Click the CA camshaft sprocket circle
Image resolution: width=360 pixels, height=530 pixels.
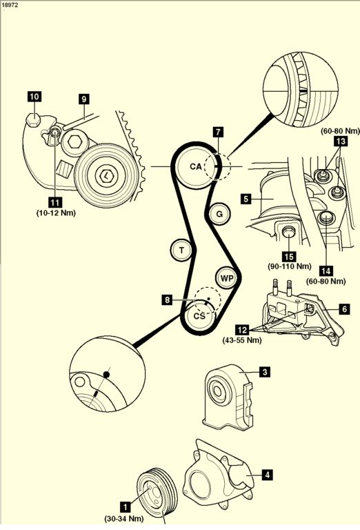tap(195, 167)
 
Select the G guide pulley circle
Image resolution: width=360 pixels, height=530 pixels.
tap(219, 214)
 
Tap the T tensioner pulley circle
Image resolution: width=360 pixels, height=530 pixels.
tap(181, 251)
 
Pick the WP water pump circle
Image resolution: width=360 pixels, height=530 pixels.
tap(227, 278)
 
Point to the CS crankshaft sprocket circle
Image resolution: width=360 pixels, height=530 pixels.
tap(199, 315)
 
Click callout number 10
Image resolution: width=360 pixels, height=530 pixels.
tap(34, 97)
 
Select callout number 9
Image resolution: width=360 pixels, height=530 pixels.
tap(84, 99)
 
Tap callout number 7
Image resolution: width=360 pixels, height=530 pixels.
tap(218, 132)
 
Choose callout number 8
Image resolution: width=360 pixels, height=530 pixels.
tap(168, 300)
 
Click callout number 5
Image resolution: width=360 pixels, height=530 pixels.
tap(246, 199)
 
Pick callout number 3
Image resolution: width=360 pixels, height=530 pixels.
tap(265, 372)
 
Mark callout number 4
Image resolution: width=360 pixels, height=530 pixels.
tap(267, 475)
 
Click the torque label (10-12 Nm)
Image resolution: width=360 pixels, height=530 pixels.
tap(56, 213)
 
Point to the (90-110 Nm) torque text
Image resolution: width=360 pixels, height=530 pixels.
tap(290, 266)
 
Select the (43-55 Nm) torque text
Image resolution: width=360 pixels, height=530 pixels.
tap(242, 340)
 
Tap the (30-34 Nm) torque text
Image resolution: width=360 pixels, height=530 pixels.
tap(123, 518)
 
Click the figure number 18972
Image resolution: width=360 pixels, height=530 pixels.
tap(9, 5)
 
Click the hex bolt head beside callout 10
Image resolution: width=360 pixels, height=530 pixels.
tap(33, 119)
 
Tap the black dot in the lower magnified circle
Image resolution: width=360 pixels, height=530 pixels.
tap(106, 375)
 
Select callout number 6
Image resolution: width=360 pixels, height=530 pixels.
tap(344, 309)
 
